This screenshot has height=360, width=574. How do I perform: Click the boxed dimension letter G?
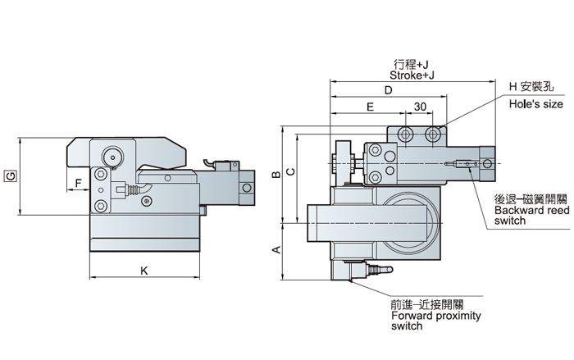[8, 176]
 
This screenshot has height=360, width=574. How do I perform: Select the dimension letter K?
[144, 269]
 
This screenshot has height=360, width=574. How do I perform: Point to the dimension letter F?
[79, 182]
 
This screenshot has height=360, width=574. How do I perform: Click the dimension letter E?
[370, 107]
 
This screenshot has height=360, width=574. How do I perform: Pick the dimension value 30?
[420, 107]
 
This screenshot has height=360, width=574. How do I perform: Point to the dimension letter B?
[277, 174]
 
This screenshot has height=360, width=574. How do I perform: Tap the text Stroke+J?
[412, 74]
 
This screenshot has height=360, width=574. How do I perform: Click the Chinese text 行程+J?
[412, 63]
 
